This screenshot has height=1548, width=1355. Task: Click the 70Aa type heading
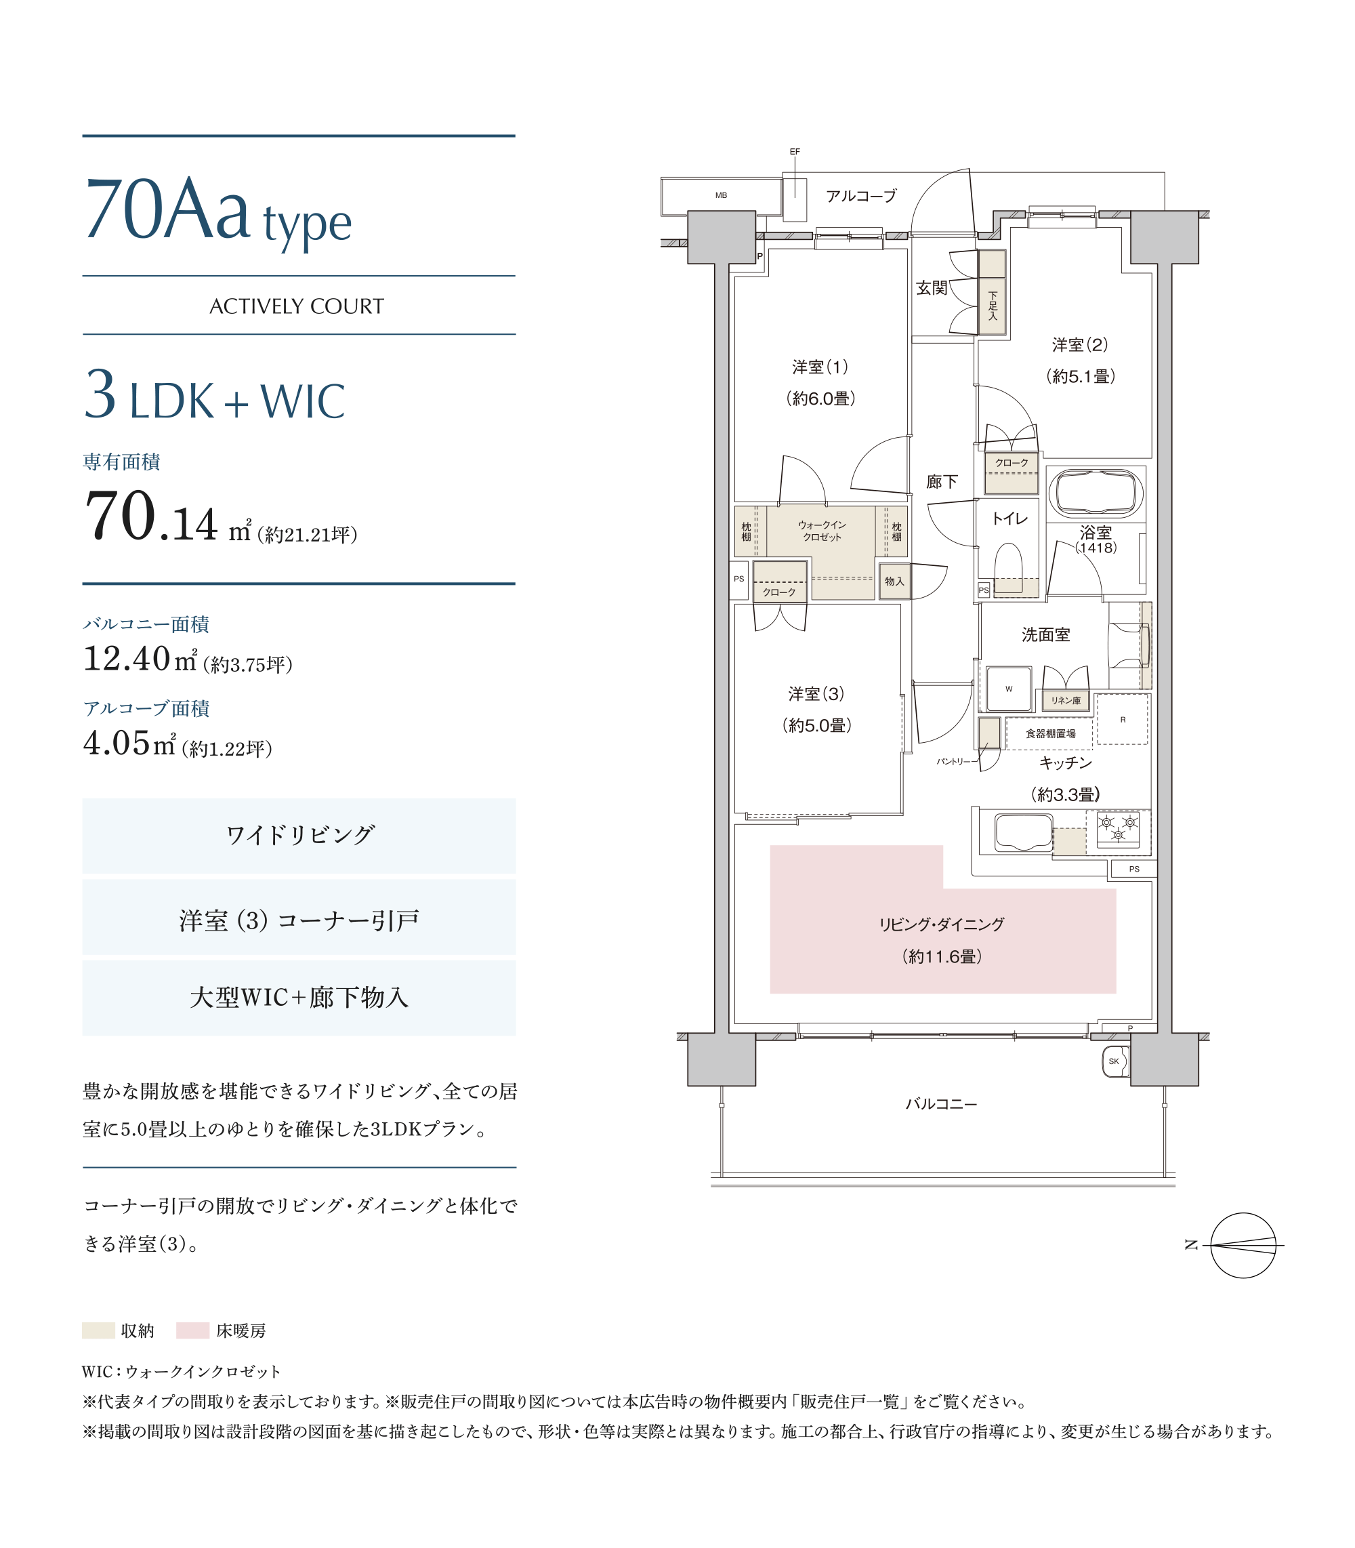219,211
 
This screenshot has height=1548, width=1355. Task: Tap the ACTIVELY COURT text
297,306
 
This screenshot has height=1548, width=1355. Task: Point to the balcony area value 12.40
127,658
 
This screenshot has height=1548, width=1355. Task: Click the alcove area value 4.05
117,743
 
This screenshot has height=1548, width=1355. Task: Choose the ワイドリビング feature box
299,836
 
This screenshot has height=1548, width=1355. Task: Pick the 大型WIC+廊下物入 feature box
299,998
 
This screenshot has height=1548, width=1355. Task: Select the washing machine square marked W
1009,689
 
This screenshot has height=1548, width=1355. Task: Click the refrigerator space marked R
1122,719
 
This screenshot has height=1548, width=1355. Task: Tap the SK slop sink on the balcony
1115,1062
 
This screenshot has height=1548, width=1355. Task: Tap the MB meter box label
722,195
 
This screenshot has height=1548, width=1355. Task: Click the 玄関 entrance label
932,288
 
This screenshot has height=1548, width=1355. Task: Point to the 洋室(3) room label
816,693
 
